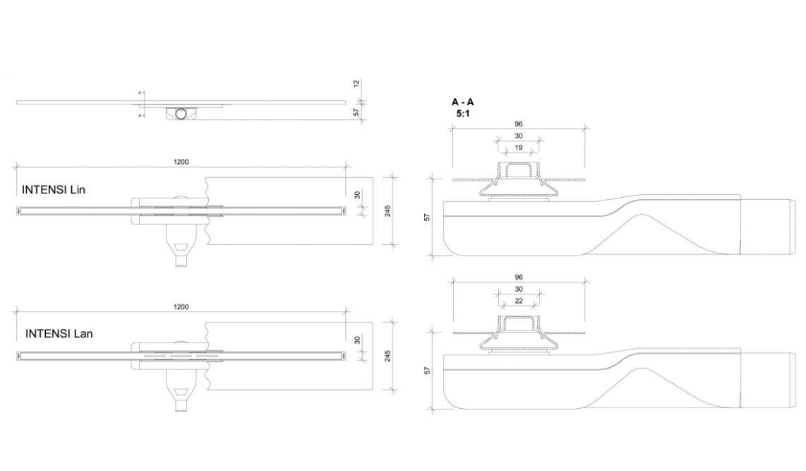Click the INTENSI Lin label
54,190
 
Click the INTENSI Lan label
59,334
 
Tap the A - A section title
462,102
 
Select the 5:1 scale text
462,114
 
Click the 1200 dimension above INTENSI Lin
181,162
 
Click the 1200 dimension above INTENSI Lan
181,307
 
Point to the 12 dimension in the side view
356,83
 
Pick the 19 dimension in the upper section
519,148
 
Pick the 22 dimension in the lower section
519,301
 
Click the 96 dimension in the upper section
519,124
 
